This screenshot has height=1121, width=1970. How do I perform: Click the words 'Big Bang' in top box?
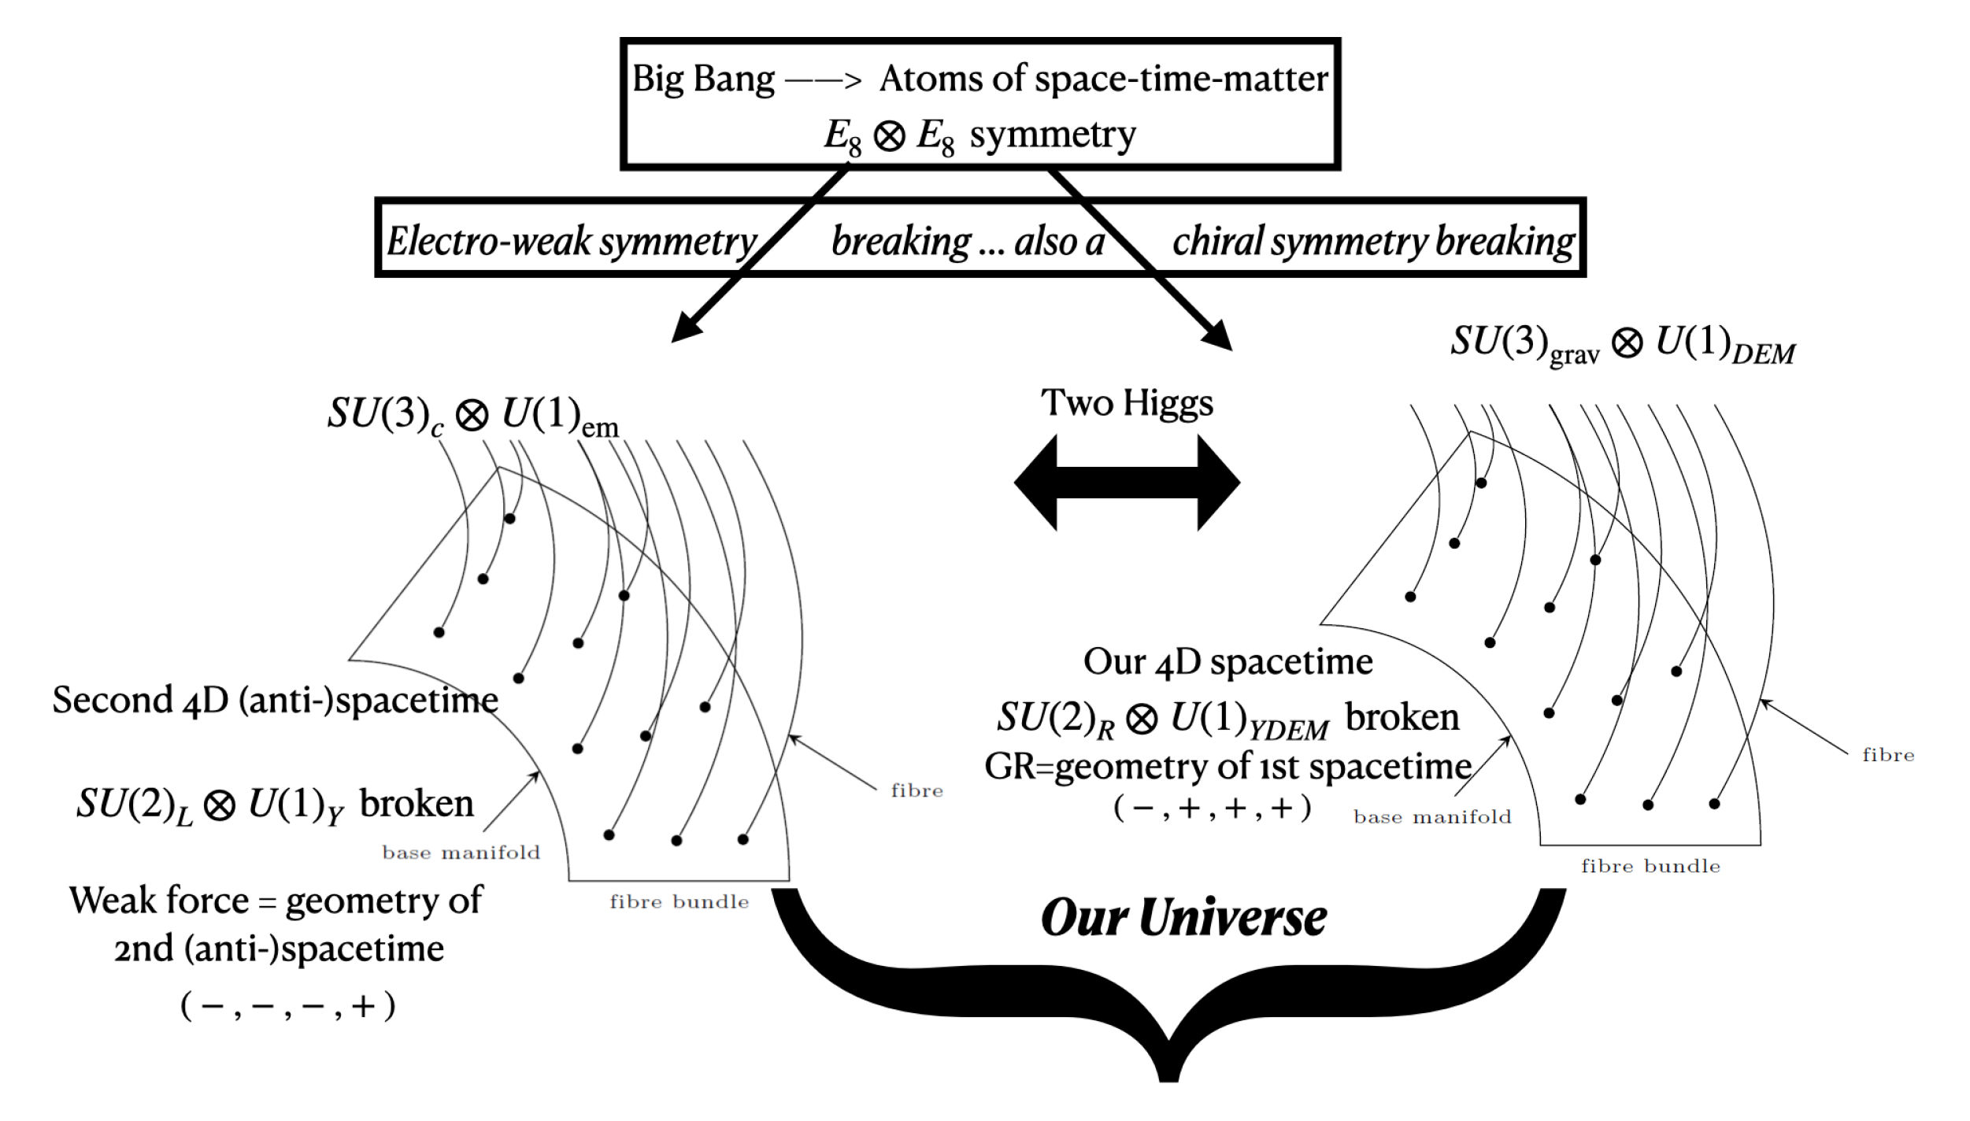pyautogui.click(x=703, y=80)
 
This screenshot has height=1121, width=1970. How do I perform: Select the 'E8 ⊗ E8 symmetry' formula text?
pyautogui.click(x=979, y=135)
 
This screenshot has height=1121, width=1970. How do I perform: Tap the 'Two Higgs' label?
pyautogui.click(x=1127, y=403)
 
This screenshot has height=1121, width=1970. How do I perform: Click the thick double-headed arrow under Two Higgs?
pyautogui.click(x=1127, y=483)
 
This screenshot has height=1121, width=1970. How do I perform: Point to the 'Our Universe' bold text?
pyautogui.click(x=1183, y=918)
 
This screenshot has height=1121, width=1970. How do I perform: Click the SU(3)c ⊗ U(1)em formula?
pyautogui.click(x=472, y=414)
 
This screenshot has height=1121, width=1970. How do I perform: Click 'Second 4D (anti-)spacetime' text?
pyautogui.click(x=275, y=700)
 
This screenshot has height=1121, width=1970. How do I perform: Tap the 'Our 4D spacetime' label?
pyautogui.click(x=1228, y=661)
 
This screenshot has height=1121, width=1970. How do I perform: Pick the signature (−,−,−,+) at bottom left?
pyautogui.click(x=288, y=1006)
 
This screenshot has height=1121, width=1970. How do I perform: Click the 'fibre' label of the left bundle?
pyautogui.click(x=916, y=790)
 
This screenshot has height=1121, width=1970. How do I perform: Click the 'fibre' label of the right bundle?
pyautogui.click(x=1887, y=755)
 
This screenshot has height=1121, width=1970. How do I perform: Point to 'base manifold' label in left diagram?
pyautogui.click(x=461, y=853)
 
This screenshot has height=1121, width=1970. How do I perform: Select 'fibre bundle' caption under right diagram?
pyautogui.click(x=1650, y=867)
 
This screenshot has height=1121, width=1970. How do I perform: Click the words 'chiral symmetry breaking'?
pyautogui.click(x=1372, y=241)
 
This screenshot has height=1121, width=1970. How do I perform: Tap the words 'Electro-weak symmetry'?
pyautogui.click(x=572, y=241)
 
